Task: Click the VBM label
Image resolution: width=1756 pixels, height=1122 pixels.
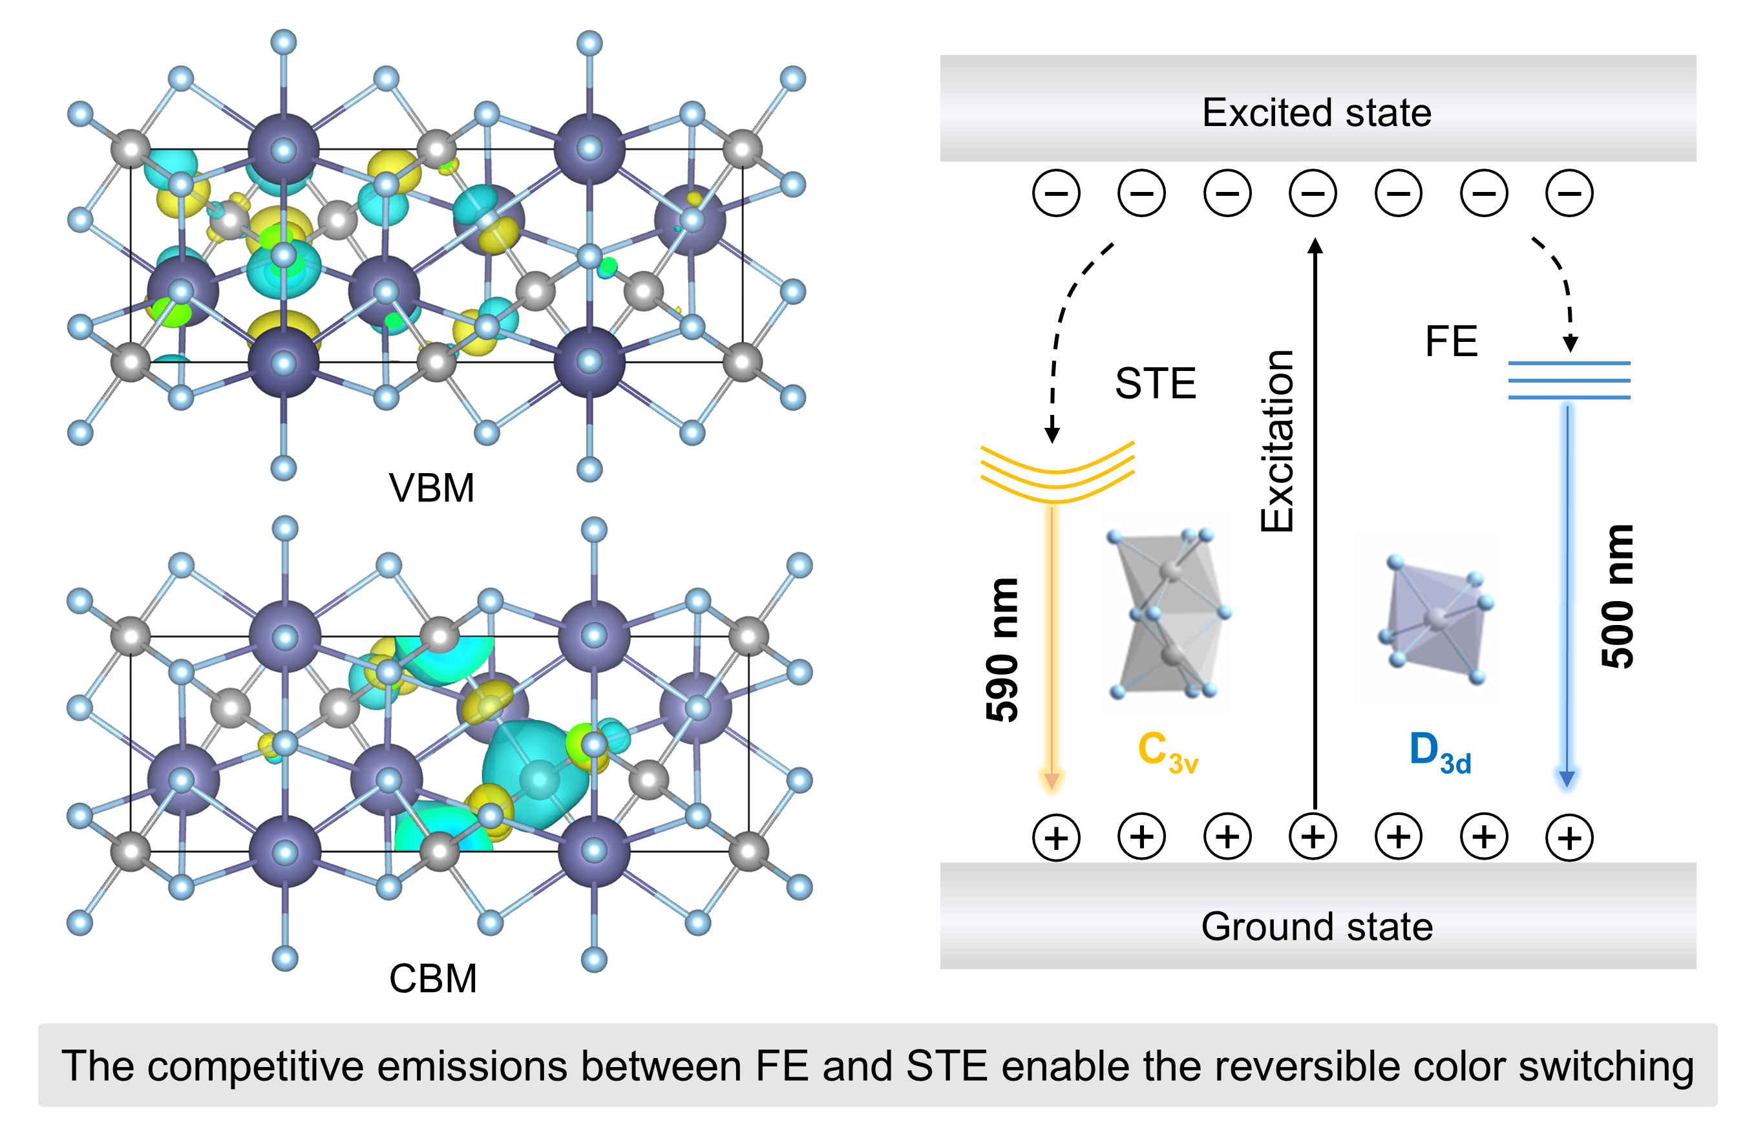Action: (x=431, y=488)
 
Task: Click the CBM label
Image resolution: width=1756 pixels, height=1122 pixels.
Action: (x=432, y=979)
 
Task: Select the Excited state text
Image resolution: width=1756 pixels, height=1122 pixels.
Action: (x=1317, y=113)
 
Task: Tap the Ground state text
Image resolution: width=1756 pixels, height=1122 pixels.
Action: (x=1317, y=927)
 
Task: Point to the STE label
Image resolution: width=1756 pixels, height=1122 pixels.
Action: (x=1155, y=383)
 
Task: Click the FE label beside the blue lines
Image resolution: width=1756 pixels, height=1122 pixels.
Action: (x=1451, y=341)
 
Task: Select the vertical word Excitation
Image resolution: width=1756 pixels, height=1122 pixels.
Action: (x=1278, y=441)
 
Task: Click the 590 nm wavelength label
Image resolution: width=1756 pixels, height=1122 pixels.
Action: (x=1002, y=650)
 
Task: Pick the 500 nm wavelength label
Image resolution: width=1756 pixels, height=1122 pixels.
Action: (x=1616, y=596)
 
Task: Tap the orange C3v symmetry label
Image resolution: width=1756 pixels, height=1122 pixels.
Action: (x=1167, y=752)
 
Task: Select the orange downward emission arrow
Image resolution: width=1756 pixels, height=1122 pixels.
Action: (x=1052, y=649)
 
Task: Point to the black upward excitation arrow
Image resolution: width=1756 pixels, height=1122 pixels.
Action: (x=1315, y=525)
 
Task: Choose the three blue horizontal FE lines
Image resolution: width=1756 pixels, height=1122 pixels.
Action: (x=1569, y=380)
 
